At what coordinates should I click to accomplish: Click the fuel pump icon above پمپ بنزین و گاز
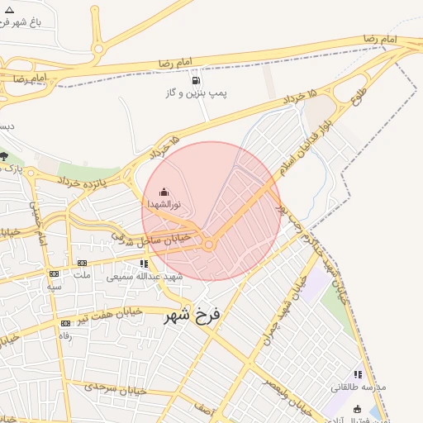(196, 80)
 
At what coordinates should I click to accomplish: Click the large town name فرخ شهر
(194, 314)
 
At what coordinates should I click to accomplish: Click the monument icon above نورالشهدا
(164, 192)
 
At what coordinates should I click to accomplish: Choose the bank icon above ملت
(82, 264)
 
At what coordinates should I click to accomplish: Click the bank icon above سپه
(55, 273)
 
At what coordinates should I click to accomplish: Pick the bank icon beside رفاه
(65, 324)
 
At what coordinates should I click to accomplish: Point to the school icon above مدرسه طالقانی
(358, 374)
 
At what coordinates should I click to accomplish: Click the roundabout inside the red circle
(210, 244)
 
